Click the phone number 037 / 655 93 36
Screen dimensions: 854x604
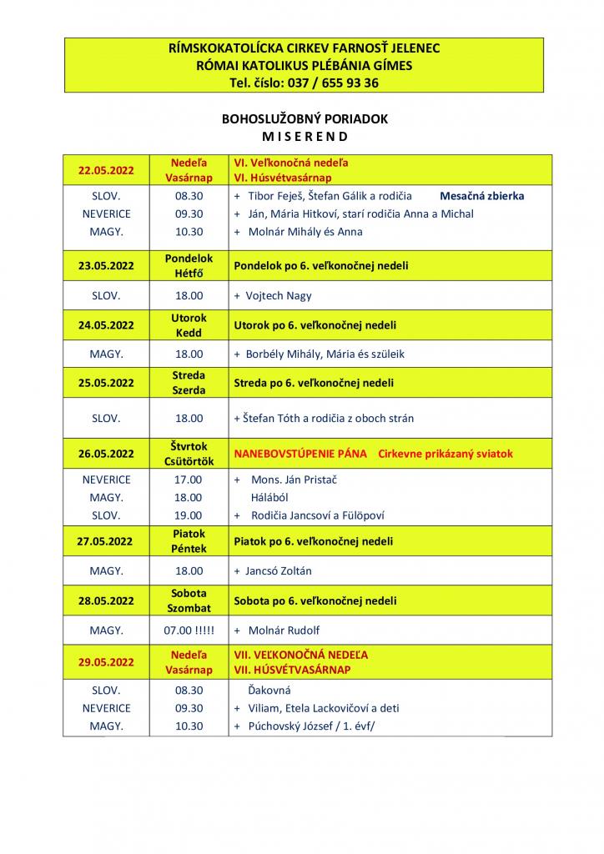tap(332, 83)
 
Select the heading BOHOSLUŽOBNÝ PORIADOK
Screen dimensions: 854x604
tap(305, 119)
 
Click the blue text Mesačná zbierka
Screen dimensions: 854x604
tap(482, 196)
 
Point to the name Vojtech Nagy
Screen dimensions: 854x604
tap(279, 295)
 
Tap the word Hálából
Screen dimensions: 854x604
tap(271, 497)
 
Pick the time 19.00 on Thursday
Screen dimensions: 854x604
tap(189, 515)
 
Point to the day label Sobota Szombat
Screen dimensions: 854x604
tap(189, 600)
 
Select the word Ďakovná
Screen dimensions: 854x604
tap(270, 691)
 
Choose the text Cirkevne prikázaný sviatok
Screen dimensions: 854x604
tap(445, 454)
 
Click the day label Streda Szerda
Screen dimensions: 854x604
tap(189, 383)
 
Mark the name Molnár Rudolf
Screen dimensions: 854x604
tap(284, 630)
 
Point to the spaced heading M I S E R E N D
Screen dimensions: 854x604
tap(305, 136)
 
